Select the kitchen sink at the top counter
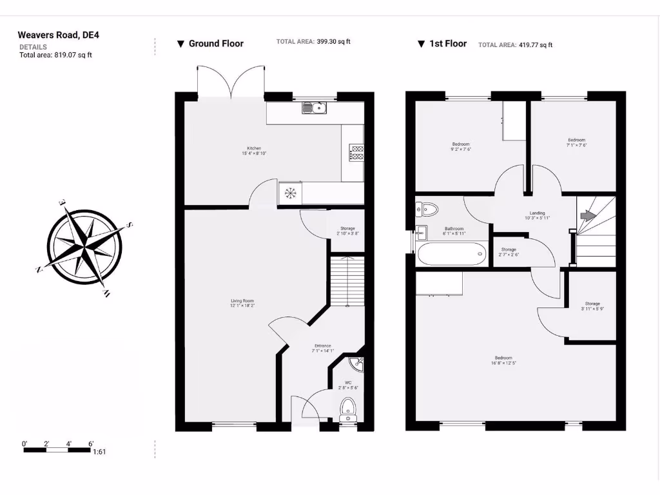[315, 108]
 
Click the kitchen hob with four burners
[356, 153]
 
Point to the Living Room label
[243, 301]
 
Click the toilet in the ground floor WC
[348, 409]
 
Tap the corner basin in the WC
[358, 365]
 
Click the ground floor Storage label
[347, 228]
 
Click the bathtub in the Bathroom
[451, 254]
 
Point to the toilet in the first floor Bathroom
[427, 208]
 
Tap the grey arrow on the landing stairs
[585, 217]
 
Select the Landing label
[537, 213]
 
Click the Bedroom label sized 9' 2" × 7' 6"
[461, 144]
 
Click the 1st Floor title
[447, 44]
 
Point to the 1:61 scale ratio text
[99, 452]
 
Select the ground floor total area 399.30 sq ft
[333, 41]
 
